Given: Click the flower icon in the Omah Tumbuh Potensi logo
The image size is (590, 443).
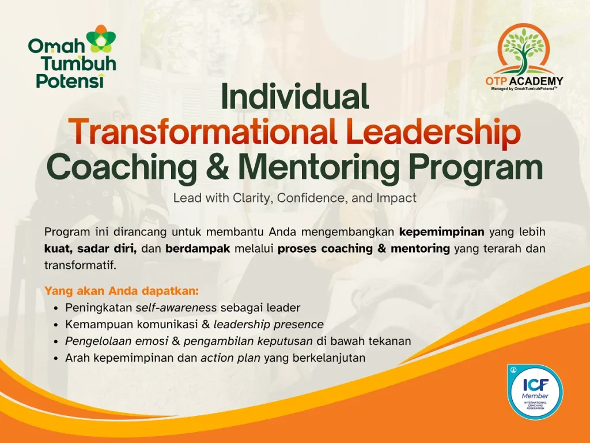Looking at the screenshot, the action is (101, 39).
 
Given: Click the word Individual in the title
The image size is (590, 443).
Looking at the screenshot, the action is (294, 96).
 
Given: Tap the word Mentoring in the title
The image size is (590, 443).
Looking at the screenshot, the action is (319, 168).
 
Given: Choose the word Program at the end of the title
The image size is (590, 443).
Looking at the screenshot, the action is (475, 168).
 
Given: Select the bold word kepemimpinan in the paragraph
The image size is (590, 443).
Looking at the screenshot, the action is (442, 232).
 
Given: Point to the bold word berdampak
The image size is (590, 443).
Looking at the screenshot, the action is (198, 249).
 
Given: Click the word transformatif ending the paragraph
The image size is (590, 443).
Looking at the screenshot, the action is (80, 265).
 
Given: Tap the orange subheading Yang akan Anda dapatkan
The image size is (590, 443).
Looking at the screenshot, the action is (122, 291).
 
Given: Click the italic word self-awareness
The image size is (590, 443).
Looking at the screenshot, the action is (176, 308).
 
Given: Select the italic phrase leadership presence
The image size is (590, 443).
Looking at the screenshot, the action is (268, 324).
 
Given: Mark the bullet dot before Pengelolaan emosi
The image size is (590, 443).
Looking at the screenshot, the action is (56, 342).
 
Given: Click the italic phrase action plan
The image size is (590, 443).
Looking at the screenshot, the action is (230, 358).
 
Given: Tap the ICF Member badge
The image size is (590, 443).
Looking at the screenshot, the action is (535, 392).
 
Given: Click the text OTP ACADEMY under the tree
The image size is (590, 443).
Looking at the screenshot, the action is (524, 81).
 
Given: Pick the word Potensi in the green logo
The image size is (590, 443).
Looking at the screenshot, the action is (70, 81).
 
